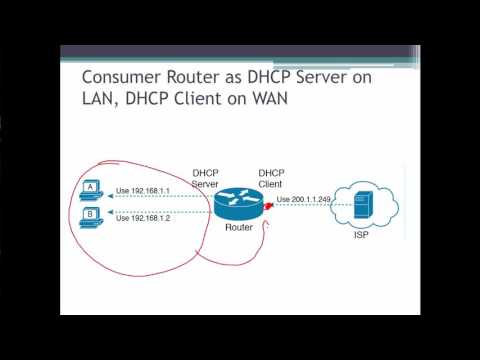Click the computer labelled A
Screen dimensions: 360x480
click(92, 189)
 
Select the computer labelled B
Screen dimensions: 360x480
click(92, 215)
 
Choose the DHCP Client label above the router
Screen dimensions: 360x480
click(271, 177)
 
